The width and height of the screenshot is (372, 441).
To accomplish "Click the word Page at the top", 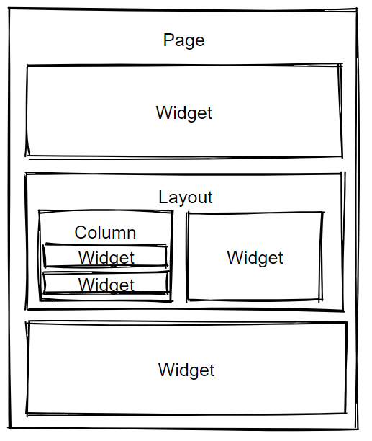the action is pyautogui.click(x=184, y=40).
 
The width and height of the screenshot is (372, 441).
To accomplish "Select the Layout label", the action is pyautogui.click(x=186, y=197).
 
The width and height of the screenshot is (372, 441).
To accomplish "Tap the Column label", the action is pyautogui.click(x=105, y=233).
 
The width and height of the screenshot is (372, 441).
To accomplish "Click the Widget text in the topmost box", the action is pyautogui.click(x=184, y=113).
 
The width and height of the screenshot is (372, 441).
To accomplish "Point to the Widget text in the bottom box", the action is pyautogui.click(x=186, y=370).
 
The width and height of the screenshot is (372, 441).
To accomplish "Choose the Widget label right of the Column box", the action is pyautogui.click(x=255, y=258).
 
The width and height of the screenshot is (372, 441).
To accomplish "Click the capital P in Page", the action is pyautogui.click(x=168, y=40).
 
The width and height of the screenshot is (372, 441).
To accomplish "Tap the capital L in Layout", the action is pyautogui.click(x=163, y=197).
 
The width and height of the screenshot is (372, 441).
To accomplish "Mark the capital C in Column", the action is pyautogui.click(x=81, y=233).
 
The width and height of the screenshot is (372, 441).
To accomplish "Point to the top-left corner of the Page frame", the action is pyautogui.click(x=9, y=9).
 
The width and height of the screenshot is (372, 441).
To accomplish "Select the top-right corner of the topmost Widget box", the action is pyautogui.click(x=341, y=65).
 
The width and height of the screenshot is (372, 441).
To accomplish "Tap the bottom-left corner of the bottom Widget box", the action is pyautogui.click(x=27, y=414).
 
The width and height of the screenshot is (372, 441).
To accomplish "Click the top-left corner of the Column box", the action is pyautogui.click(x=40, y=211).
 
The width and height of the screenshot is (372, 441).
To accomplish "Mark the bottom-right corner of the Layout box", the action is pyautogui.click(x=344, y=311).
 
